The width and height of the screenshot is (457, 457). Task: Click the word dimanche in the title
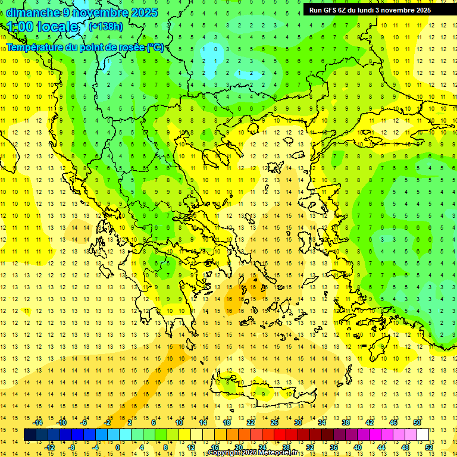coord(33,12)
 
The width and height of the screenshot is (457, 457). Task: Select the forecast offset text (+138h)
coord(106,26)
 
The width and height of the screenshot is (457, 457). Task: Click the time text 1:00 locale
coord(42,27)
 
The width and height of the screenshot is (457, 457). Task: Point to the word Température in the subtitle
coord(35,47)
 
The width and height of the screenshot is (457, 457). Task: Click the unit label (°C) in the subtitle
coord(155,47)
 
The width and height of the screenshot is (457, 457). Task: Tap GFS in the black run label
coord(330,10)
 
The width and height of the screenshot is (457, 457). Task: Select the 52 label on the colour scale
coord(429,447)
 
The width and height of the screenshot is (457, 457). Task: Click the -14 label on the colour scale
coord(38,422)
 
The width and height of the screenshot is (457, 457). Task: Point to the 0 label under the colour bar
coord(118,447)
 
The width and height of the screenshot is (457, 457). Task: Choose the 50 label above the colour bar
coord(417,422)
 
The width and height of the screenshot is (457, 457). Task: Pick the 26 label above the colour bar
coord(274,422)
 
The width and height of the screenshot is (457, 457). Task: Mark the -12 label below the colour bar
coord(49,447)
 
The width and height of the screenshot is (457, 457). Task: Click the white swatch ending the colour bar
coord(423,435)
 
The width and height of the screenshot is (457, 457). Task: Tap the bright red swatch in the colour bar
coord(280,435)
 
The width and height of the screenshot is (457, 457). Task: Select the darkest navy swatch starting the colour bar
coord(30,435)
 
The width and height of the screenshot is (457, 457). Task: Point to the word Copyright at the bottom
coord(226,453)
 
